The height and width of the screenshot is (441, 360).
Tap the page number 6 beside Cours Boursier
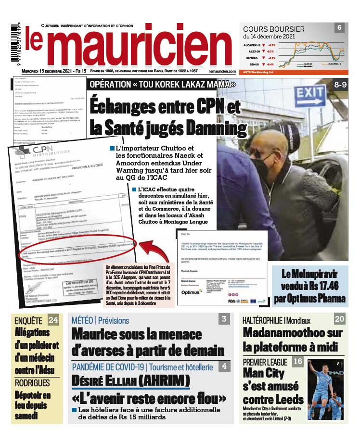click(x=340, y=28)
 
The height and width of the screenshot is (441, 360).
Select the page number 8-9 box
click(x=340, y=85)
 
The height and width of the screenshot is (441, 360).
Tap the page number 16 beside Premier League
click(x=298, y=362)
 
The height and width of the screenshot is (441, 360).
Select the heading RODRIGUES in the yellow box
click(x=33, y=383)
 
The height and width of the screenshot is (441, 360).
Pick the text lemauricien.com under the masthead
click(x=222, y=71)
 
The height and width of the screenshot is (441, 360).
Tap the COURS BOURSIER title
click(x=274, y=29)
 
